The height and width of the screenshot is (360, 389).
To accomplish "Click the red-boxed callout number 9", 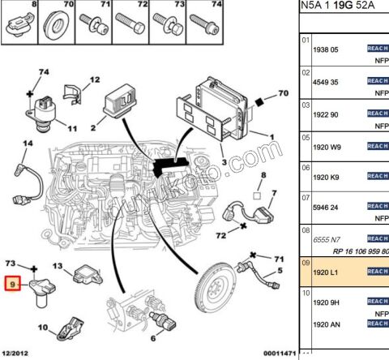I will [x=11, y=285].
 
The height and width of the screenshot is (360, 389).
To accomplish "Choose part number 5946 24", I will [x=325, y=208].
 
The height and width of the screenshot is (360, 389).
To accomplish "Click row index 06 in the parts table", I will [x=306, y=167].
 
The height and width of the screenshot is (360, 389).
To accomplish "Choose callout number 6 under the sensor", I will [x=151, y=339].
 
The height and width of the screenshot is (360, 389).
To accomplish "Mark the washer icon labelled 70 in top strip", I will [x=58, y=19].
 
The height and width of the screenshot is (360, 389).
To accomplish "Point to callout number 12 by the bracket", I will [x=94, y=79].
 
